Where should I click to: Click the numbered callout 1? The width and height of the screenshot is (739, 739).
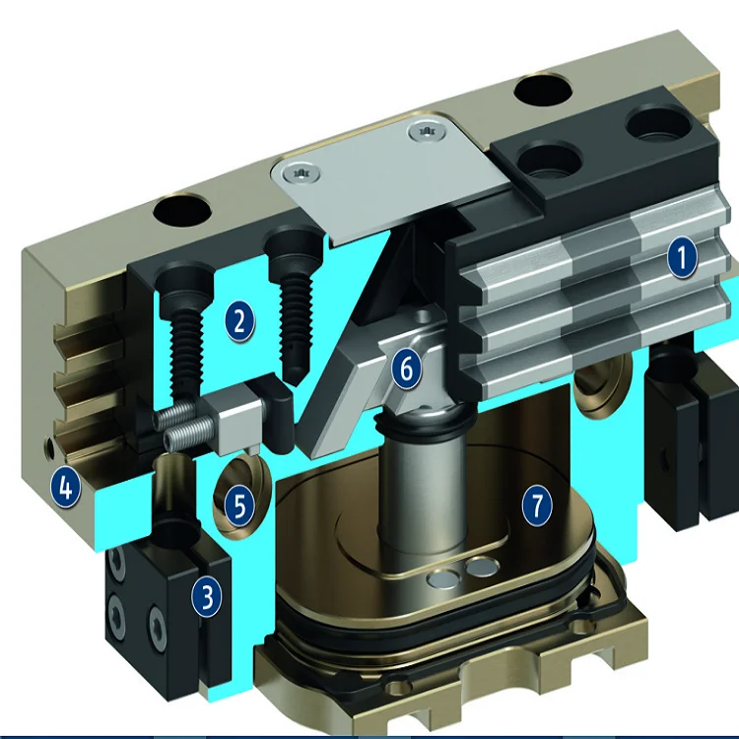click(682, 257)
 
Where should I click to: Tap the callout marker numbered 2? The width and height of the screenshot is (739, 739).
click(239, 322)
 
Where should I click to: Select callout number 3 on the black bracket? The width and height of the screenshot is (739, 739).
click(207, 596)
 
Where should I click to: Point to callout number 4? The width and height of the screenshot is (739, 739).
click(66, 488)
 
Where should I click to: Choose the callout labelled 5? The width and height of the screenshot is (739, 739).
click(239, 506)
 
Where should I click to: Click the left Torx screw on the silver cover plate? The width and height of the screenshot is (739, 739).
click(300, 173)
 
